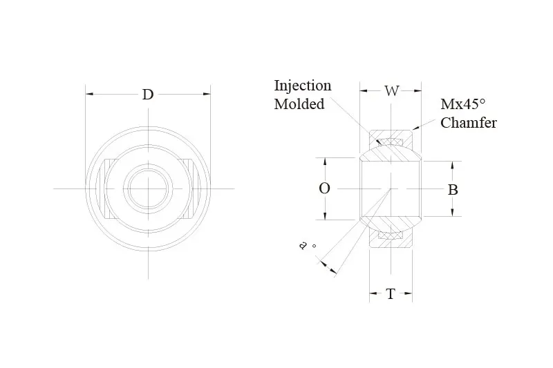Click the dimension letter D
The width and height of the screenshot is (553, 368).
point(148,95)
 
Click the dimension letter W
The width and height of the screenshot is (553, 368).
point(391,91)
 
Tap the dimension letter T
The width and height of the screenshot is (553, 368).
point(391,293)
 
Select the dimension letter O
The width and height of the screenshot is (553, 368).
point(324,188)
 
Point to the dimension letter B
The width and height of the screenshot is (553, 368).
point(453,190)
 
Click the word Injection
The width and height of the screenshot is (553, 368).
point(303,86)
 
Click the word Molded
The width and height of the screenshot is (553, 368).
point(299,104)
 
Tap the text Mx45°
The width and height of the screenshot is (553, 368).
point(463,104)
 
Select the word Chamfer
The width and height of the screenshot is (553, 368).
point(469,122)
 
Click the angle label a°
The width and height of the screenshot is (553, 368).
point(306,246)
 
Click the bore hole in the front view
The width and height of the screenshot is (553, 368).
point(148,188)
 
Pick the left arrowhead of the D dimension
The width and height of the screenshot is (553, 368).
point(89,94)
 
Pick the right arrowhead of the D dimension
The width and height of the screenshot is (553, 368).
point(207,94)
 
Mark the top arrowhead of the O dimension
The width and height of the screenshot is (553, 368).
point(325,162)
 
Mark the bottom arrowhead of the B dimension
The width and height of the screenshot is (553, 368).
point(453,213)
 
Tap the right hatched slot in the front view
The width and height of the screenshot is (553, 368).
point(187,188)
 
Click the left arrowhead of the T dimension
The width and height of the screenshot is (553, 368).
point(373,293)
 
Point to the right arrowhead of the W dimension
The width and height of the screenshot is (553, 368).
point(418,91)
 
